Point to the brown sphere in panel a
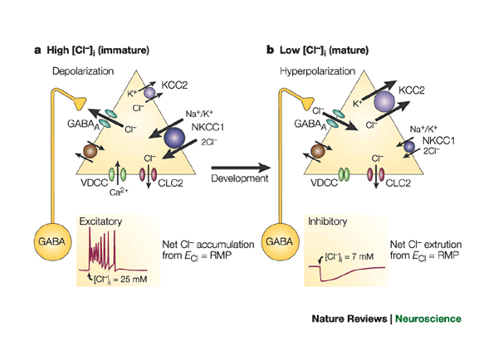pyautogui.click(x=85, y=152)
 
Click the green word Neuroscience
pyautogui.click(x=428, y=319)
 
